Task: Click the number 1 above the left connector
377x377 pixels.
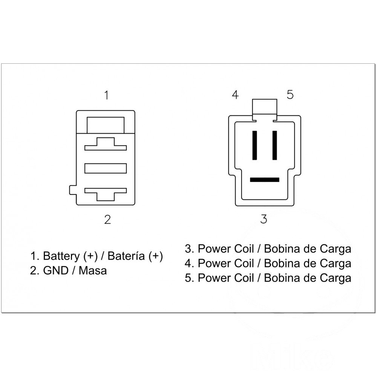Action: pyautogui.click(x=107, y=95)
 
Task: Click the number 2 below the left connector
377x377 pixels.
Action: pyautogui.click(x=107, y=219)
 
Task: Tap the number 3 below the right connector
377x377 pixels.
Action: pyautogui.click(x=264, y=219)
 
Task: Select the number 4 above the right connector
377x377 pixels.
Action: pyautogui.click(x=235, y=95)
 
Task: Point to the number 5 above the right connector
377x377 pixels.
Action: pyautogui.click(x=290, y=95)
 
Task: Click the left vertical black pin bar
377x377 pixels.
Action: pyautogui.click(x=255, y=145)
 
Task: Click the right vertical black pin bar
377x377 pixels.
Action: pyautogui.click(x=274, y=145)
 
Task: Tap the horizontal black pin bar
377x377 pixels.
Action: pyautogui.click(x=265, y=179)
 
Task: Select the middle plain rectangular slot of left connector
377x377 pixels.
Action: pyautogui.click(x=106, y=168)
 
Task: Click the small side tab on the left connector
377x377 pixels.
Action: pyautogui.click(x=73, y=190)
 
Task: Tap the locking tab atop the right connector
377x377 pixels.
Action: pyautogui.click(x=265, y=107)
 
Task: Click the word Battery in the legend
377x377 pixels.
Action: pyautogui.click(x=61, y=256)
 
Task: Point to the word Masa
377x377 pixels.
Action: pyautogui.click(x=93, y=271)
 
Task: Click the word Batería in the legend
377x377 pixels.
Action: pyautogui.click(x=126, y=256)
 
